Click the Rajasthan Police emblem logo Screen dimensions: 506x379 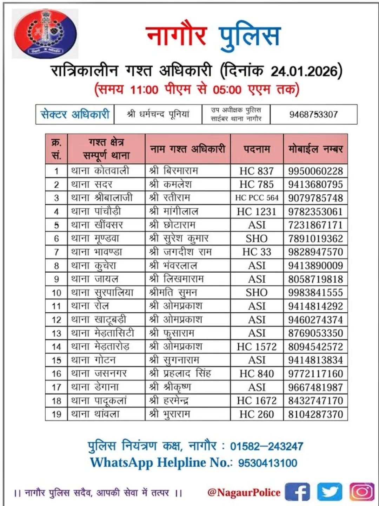pyautogui.click(x=45, y=34)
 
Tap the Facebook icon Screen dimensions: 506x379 pyautogui.click(x=297, y=492)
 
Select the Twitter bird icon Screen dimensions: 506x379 pyautogui.click(x=330, y=492)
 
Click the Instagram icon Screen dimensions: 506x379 pyautogui.click(x=362, y=492)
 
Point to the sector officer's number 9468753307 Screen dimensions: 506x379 pyautogui.click(x=313, y=115)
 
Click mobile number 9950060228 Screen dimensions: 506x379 pyautogui.click(x=315, y=171)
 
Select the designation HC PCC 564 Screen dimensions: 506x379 pyautogui.click(x=257, y=198)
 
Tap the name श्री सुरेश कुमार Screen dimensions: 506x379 pyautogui.click(x=179, y=239)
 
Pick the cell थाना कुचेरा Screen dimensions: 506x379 pyautogui.click(x=94, y=266)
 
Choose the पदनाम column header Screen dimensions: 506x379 pyautogui.click(x=257, y=149)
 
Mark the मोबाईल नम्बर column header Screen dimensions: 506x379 pyautogui.click(x=315, y=149)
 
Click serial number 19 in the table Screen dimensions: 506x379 pyautogui.click(x=56, y=414)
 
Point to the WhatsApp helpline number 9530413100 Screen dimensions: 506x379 pyautogui.click(x=268, y=463)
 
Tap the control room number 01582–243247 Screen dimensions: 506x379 pyautogui.click(x=267, y=447)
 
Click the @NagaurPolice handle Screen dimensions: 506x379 pyautogui.click(x=244, y=493)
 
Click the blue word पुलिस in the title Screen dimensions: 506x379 pyautogui.click(x=250, y=36)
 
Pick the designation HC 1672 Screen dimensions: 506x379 pyautogui.click(x=257, y=401)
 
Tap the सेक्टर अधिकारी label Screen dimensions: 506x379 pyautogui.click(x=75, y=115)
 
